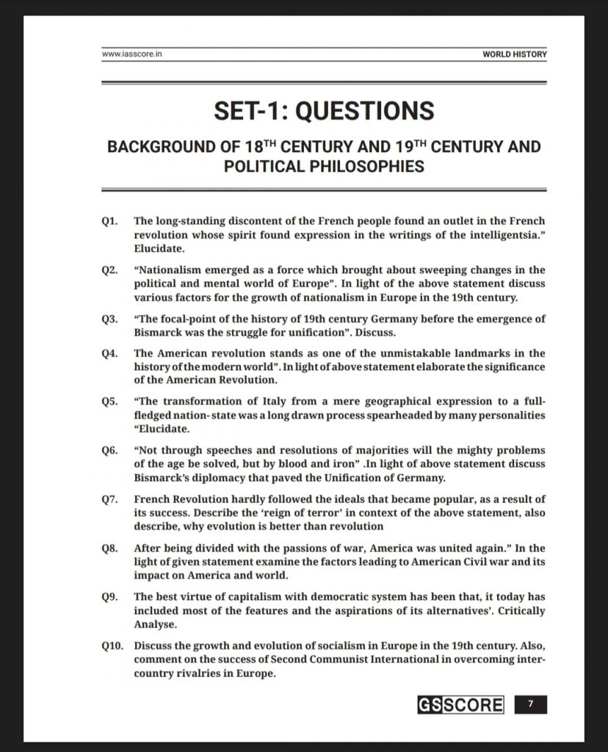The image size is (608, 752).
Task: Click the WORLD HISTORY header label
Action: [x=514, y=54]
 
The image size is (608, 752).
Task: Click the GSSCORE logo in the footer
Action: [x=460, y=706]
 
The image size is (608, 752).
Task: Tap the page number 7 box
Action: [x=530, y=706]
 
